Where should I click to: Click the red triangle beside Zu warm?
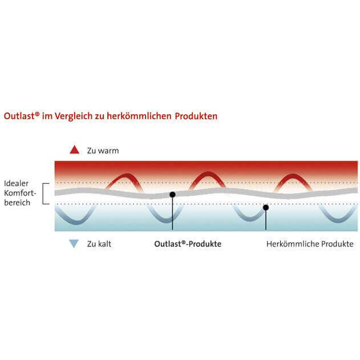(74, 150)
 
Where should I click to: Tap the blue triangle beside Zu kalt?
(74, 244)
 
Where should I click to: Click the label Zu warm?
(103, 151)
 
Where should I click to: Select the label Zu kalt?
(99, 244)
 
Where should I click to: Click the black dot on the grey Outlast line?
(172, 195)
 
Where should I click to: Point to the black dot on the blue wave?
(266, 208)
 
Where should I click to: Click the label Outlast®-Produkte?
(188, 244)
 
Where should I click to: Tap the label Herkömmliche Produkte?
(310, 244)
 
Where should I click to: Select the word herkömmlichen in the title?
(139, 116)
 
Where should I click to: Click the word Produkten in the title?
(196, 116)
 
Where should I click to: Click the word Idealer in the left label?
(17, 183)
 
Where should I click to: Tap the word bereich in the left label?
(17, 203)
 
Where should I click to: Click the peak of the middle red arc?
(208, 173)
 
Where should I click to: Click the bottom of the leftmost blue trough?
(77, 223)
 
